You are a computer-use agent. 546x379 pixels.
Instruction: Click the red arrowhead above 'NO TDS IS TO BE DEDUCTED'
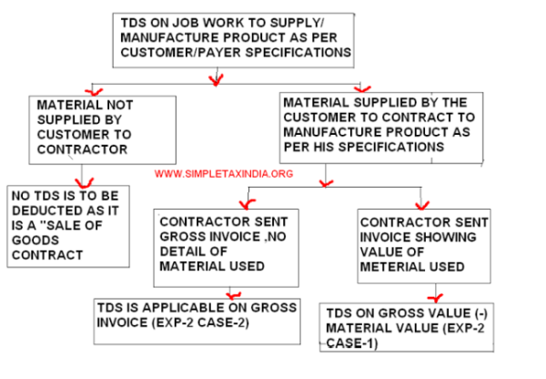(x=87, y=179)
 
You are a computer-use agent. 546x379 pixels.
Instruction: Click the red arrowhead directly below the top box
(x=216, y=80)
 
